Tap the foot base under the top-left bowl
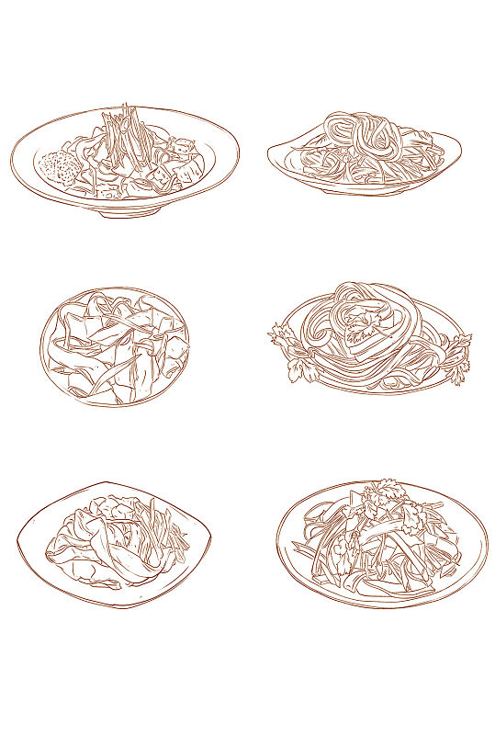[x=129, y=210]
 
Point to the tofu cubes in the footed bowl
[x=183, y=166]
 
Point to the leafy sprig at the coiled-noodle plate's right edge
[x=458, y=354]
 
